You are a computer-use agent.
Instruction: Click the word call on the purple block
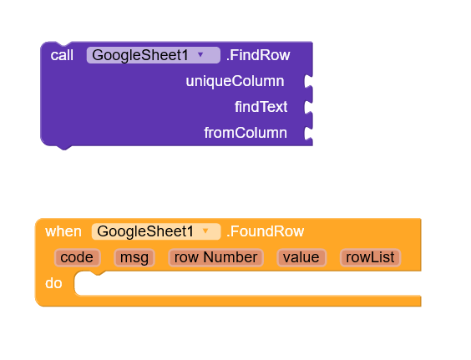tap(62, 55)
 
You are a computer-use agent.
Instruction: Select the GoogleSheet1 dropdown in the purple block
tap(153, 55)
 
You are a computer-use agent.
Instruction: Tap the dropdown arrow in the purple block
tap(200, 54)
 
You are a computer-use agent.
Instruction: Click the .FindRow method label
tap(258, 55)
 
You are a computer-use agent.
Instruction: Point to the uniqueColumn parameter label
tap(235, 81)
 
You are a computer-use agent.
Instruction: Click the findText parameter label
tap(261, 107)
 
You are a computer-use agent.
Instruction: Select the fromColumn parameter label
tap(246, 133)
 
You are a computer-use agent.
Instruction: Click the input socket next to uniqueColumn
tap(308, 81)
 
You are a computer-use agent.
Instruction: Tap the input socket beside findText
tap(308, 107)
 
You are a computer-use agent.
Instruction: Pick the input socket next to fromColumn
tap(308, 134)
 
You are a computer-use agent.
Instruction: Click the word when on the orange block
tap(63, 231)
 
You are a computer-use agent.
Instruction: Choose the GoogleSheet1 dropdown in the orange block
tap(156, 231)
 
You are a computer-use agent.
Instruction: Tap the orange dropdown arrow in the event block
tap(205, 231)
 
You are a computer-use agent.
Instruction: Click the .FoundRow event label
tap(266, 231)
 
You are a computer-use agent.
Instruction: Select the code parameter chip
tap(77, 257)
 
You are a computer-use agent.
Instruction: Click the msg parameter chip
tap(134, 257)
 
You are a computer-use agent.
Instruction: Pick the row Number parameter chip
tap(215, 257)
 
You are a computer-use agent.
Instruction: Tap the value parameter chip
tap(301, 257)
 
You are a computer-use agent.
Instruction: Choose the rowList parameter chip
tap(371, 257)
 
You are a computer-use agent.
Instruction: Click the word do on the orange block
tap(53, 283)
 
